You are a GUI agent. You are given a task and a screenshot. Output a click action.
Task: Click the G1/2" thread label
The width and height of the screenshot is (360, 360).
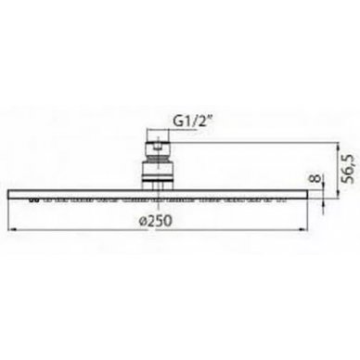pos(193,122)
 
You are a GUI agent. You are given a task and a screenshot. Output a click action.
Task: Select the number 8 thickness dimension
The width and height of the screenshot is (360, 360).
pos(316,179)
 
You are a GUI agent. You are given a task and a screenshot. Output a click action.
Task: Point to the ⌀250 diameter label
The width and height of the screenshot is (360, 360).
pos(155,221)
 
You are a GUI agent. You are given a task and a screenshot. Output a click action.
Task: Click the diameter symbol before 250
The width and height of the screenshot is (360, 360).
pos(143,222)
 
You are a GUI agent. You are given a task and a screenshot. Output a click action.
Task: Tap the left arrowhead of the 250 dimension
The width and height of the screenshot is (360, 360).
pos(11,229)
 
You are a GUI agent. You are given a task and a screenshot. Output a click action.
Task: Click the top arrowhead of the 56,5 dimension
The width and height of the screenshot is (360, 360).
pos(338,147)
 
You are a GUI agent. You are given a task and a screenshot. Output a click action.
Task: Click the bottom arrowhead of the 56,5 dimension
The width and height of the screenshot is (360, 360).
pos(338,194)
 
